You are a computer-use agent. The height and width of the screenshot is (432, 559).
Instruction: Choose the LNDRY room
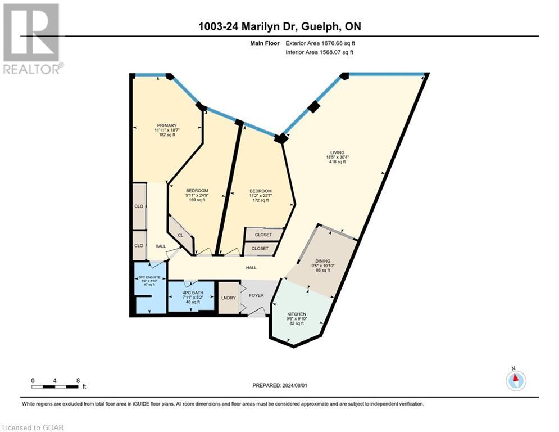coord(228,298)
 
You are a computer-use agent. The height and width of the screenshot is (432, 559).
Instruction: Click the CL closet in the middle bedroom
coord(180,235)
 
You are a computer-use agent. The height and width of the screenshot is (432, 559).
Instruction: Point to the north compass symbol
coord(515,380)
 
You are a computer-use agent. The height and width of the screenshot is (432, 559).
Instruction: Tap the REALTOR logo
coord(32,39)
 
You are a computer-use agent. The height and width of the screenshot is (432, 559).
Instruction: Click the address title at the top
coord(279,26)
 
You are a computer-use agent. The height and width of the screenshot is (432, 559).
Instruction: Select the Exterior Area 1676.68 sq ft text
coord(320,43)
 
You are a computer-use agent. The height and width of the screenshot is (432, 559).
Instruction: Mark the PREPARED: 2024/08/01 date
coord(279,385)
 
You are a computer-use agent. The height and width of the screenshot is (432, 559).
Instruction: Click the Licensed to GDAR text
coord(33,427)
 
